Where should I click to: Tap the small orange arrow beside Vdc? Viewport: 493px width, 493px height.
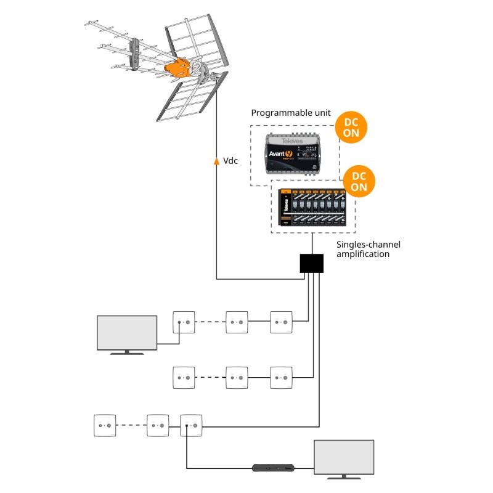point(216,161)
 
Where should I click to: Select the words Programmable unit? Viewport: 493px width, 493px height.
point(290,113)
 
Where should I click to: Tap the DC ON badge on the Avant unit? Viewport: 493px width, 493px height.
point(351,127)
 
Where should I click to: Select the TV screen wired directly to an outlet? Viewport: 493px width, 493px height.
point(127,333)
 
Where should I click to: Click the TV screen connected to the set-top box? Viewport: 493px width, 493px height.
point(344,457)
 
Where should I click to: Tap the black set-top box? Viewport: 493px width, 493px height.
point(275,468)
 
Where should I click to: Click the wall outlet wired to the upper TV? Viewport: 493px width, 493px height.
point(183,322)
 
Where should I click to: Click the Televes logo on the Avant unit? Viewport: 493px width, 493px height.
point(290,141)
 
